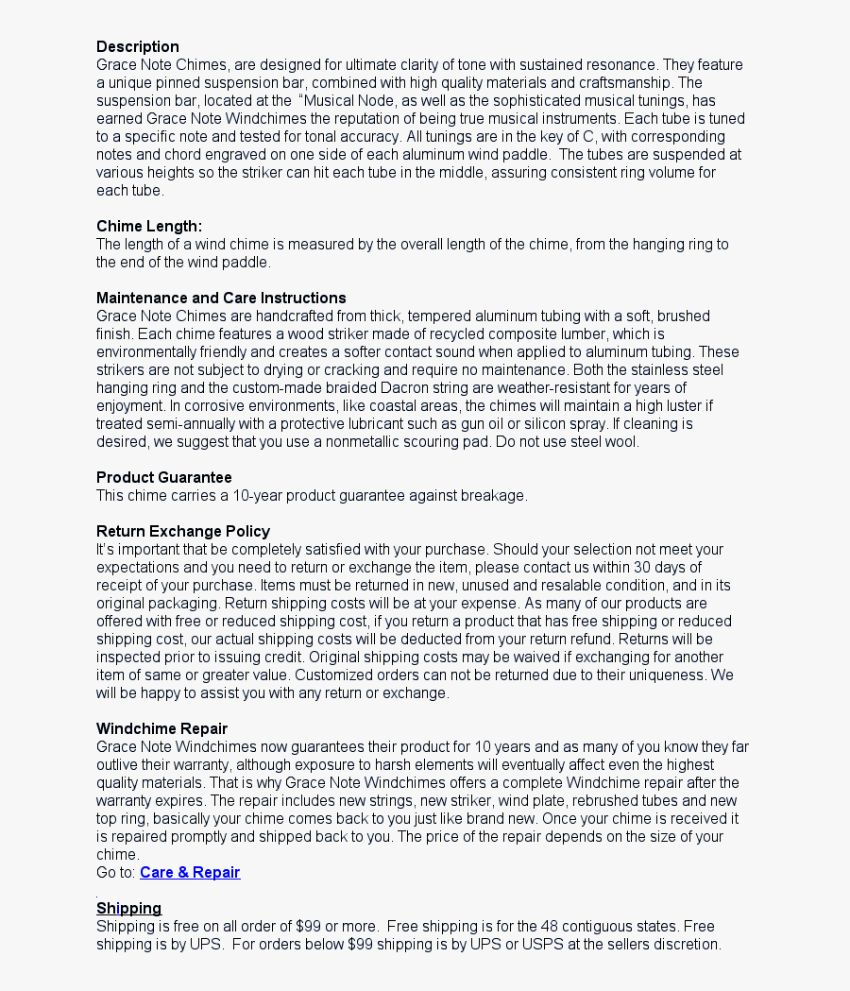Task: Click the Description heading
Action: point(137,46)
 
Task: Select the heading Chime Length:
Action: point(149,226)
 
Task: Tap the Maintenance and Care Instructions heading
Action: point(221,298)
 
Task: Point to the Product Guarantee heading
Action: point(163,477)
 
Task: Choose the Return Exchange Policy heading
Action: point(183,531)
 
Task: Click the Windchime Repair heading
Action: point(161,728)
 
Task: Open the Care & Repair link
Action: point(190,872)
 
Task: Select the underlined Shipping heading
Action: point(128,908)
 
